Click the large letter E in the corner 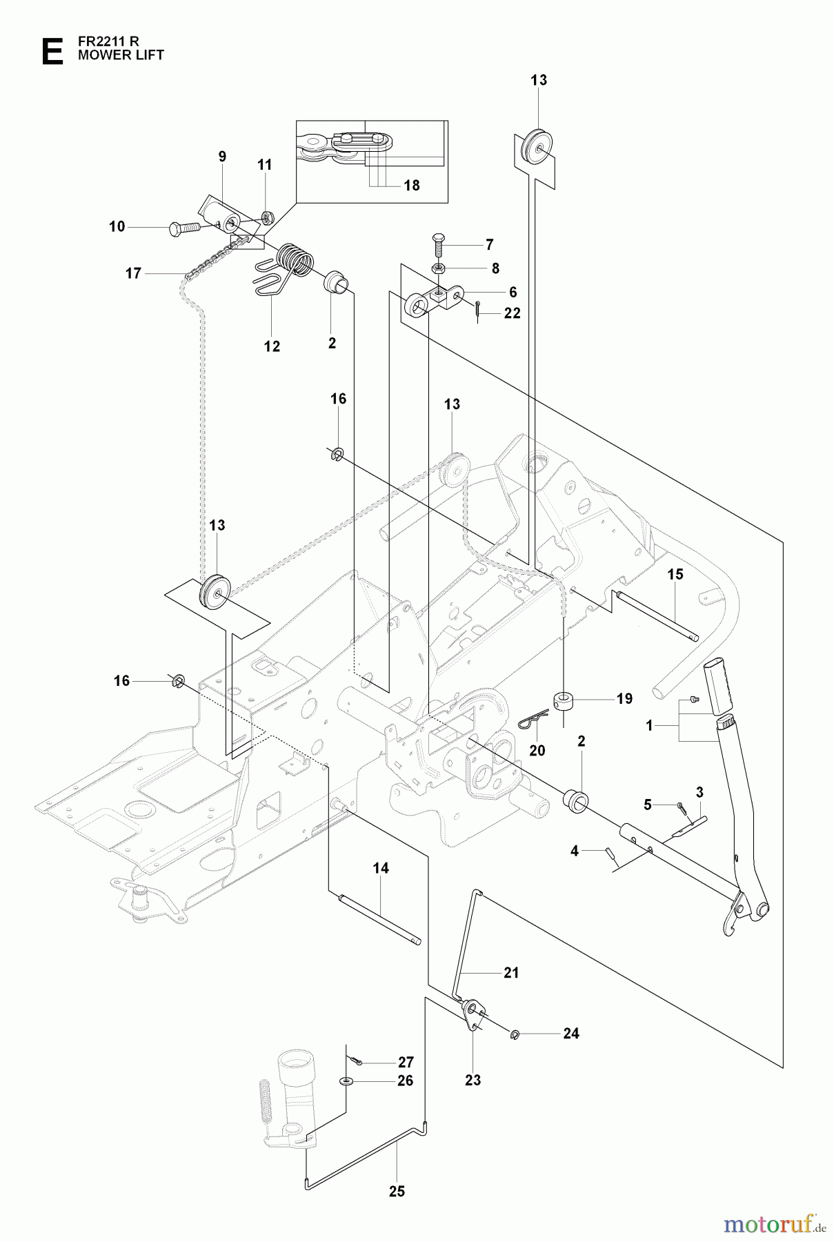52,52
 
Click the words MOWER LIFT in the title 121,55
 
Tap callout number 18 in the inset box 411,186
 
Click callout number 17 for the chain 133,274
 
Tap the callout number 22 512,313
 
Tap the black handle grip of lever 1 716,688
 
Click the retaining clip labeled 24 516,1034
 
